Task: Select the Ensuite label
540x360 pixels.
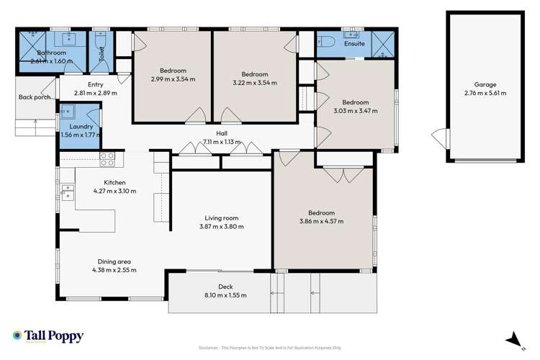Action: coord(355,44)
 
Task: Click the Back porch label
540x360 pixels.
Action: coord(35,97)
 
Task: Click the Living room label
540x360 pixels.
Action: coord(221,218)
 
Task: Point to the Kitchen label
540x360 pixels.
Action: coord(114,182)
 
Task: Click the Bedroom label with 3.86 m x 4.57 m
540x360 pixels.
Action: coord(321,213)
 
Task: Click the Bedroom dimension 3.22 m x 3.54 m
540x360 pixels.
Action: coord(254,83)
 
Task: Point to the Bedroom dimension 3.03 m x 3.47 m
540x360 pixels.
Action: coord(356,111)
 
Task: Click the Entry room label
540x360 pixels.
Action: coord(95,84)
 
